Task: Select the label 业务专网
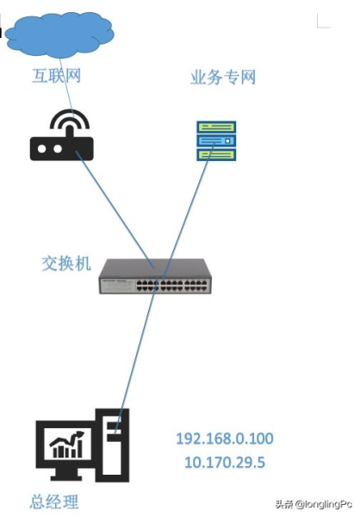pos(222,78)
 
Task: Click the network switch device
pos(155,276)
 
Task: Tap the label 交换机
pos(65,263)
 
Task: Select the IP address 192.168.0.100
pos(224,439)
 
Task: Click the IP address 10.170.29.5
pos(224,463)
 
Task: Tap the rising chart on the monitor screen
pos(67,445)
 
